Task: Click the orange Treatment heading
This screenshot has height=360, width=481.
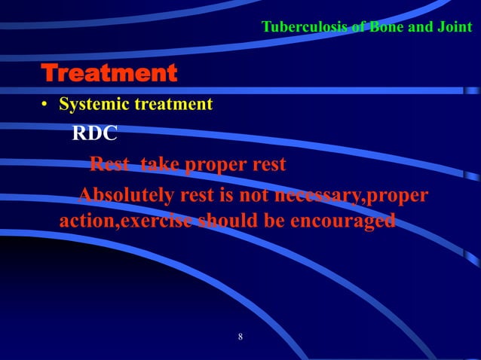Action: click(109, 74)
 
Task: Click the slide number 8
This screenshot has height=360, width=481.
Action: click(240, 337)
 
